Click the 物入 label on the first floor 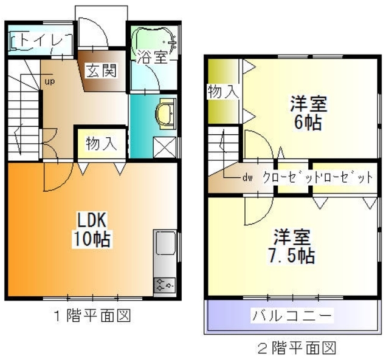[100, 144]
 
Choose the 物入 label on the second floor [222, 92]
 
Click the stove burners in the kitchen [164, 284]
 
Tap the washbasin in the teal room [165, 114]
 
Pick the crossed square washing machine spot [163, 148]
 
